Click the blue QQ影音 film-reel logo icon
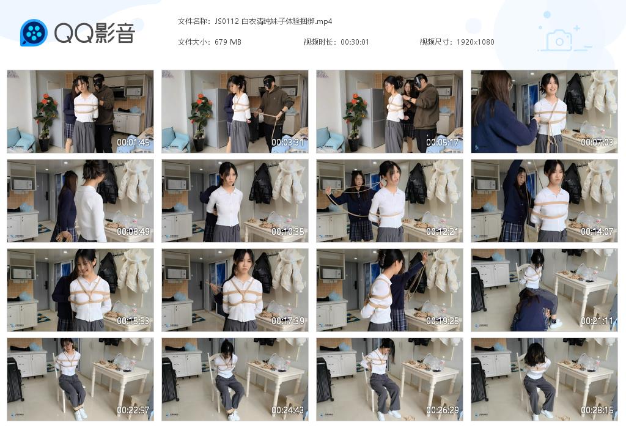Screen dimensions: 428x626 34,32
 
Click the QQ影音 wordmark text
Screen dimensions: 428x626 94,33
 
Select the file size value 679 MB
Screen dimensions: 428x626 228,42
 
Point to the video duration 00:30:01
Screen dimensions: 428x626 355,42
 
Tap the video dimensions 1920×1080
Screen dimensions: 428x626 475,42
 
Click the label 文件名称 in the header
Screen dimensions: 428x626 193,21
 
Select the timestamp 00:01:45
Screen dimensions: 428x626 133,143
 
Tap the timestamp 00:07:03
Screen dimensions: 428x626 597,143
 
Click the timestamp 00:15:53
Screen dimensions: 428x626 133,321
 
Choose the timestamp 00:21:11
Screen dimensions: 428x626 597,321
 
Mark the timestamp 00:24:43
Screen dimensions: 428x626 287,410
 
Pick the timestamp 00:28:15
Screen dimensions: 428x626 597,410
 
